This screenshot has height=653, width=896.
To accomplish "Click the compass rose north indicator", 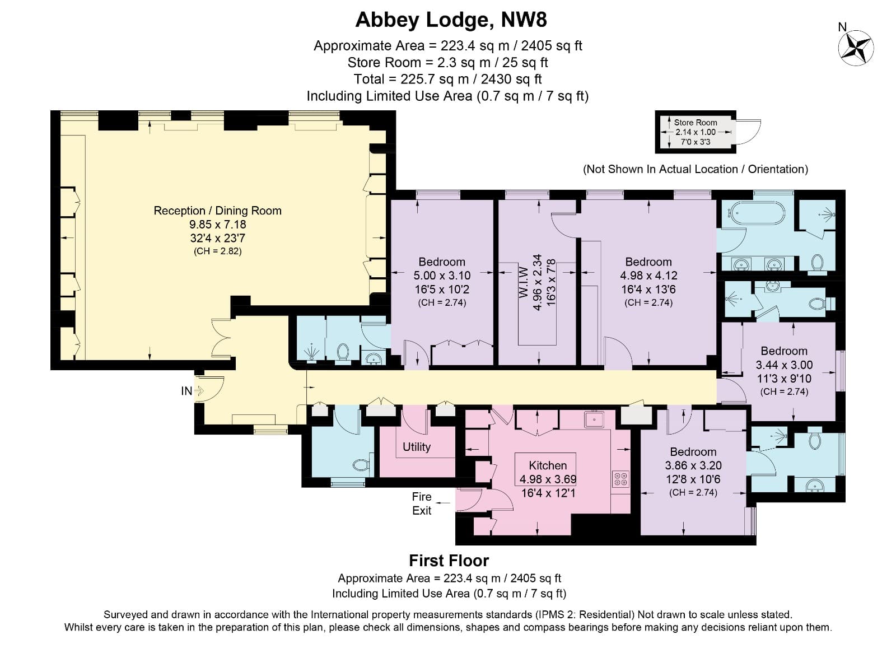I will click(856, 47).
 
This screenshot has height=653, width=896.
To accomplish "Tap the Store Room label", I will click(695, 122).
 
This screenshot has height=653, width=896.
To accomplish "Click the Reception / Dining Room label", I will click(217, 211).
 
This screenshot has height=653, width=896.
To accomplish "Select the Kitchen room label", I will click(548, 465).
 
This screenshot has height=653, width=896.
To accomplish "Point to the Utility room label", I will click(417, 447).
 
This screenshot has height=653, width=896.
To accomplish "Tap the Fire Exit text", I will click(422, 503).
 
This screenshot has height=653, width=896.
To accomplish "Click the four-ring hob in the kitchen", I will click(620, 478).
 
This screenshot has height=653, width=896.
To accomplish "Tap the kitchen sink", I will click(592, 418).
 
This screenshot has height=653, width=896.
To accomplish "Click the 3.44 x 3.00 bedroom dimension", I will click(784, 365).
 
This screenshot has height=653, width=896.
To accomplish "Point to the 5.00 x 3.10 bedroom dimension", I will click(442, 276).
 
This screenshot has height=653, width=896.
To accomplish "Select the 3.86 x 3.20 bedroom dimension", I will click(693, 465).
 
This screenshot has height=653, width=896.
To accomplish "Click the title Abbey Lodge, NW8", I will click(451, 20).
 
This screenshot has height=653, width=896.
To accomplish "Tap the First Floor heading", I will click(449, 561).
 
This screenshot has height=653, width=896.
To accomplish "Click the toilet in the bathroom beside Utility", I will click(360, 465).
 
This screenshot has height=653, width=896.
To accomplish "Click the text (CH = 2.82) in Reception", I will click(217, 251).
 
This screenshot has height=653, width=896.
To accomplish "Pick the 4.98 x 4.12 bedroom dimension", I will click(648, 276).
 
